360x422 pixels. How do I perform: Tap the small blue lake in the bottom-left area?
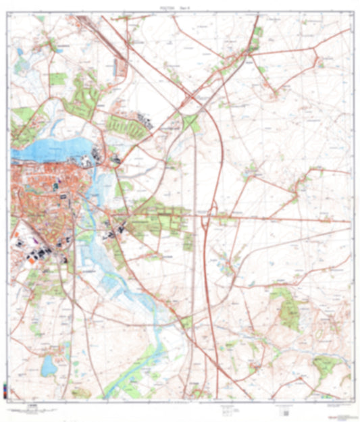(49, 365)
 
